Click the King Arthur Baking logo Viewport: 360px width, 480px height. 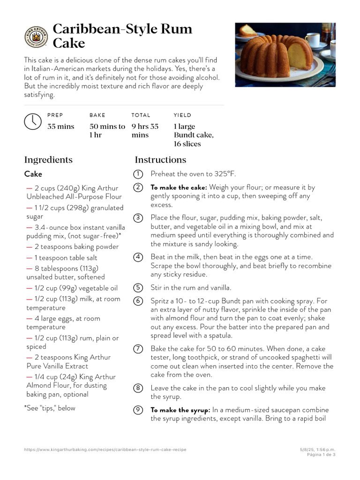(36, 37)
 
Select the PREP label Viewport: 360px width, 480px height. (55, 115)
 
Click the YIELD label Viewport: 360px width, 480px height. (182, 115)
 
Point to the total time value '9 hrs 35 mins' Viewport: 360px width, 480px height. (145, 131)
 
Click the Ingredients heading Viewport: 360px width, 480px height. (48, 160)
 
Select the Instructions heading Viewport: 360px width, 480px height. (160, 160)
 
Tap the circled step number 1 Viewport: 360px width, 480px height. (138, 174)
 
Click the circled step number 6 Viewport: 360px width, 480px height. (138, 301)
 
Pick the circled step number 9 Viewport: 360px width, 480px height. (138, 410)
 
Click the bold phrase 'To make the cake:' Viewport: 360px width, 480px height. (179, 187)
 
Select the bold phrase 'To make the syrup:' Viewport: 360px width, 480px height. (180, 410)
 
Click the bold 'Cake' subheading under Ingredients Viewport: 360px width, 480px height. (33, 174)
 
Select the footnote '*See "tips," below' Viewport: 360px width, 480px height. (50, 408)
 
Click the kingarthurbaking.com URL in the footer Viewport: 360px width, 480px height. (105, 450)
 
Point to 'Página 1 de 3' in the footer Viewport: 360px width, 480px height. (321, 454)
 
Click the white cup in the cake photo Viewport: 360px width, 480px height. (312, 41)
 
